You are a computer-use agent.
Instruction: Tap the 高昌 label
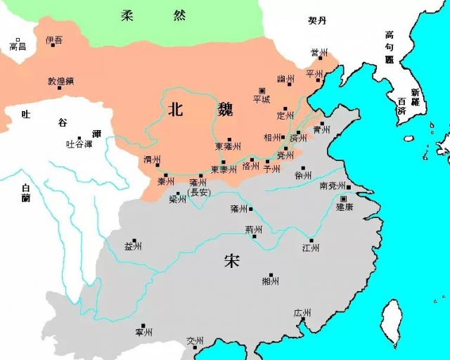(x=18, y=46)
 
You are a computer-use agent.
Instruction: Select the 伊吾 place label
(x=53, y=41)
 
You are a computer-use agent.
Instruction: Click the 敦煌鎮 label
(x=60, y=81)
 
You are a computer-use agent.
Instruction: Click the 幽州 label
(x=285, y=79)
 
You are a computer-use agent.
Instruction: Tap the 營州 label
(x=320, y=53)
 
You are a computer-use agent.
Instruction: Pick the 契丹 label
(x=318, y=21)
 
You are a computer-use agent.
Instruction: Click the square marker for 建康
(x=343, y=198)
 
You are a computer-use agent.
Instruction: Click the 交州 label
(x=195, y=341)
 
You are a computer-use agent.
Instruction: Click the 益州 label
(x=133, y=246)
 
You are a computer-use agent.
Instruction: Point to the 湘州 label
(x=270, y=281)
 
